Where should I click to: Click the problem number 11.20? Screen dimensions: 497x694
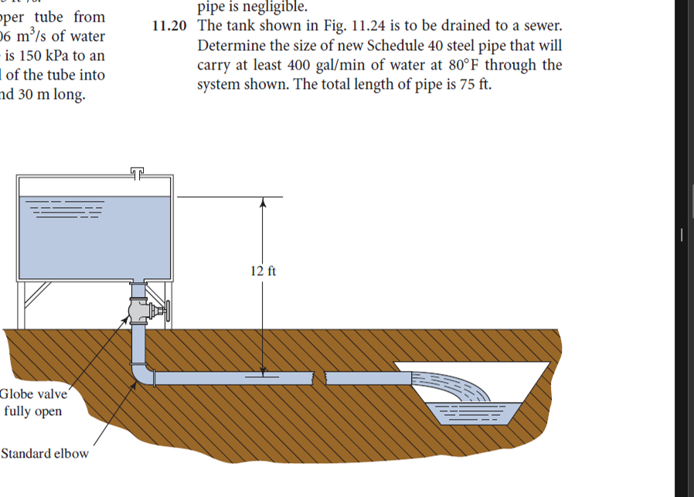(x=169, y=26)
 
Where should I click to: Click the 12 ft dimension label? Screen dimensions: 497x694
(x=264, y=271)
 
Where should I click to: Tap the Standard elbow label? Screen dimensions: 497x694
(x=44, y=453)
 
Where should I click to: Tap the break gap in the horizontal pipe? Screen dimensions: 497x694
(x=318, y=379)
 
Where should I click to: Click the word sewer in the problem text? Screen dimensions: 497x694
(x=540, y=26)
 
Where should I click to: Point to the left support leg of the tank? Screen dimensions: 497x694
(x=26, y=305)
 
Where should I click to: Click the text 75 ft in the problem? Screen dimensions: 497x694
(x=475, y=85)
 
